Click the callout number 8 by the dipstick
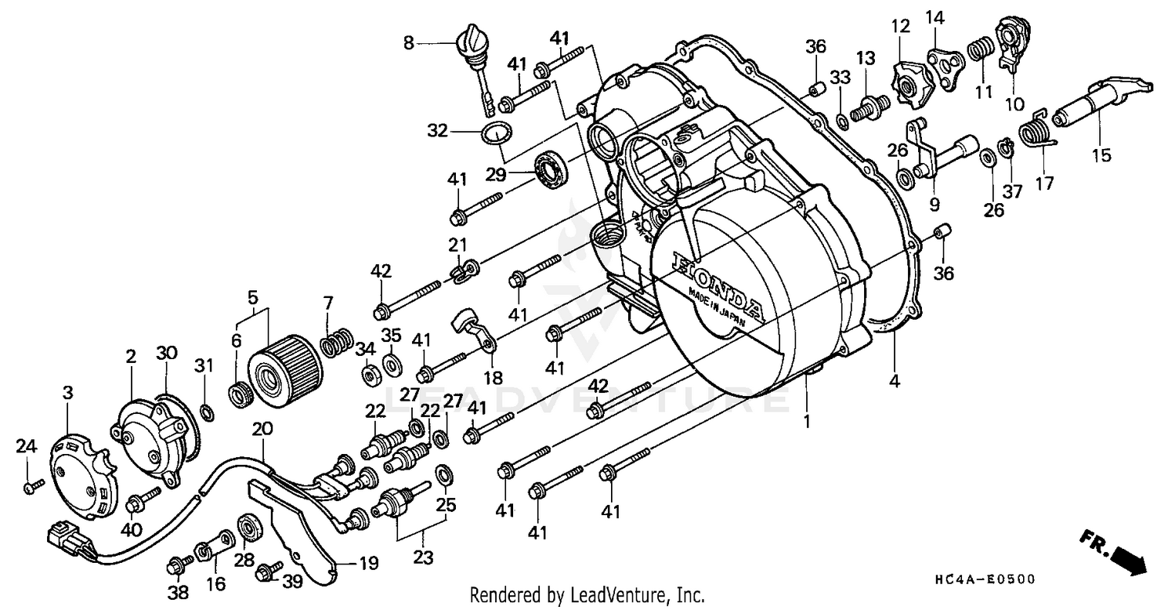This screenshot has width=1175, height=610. click(x=409, y=44)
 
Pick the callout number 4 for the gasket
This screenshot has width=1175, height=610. click(x=894, y=382)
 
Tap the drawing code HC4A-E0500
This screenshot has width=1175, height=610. click(x=985, y=580)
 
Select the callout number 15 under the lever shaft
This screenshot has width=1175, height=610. click(x=1101, y=155)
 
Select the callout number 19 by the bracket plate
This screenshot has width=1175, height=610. click(x=368, y=563)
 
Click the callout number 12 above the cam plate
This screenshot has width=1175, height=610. click(x=900, y=27)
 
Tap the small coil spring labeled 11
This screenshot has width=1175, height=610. click(x=978, y=53)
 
